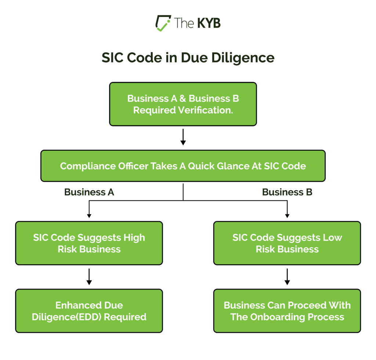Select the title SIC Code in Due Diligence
click(x=188, y=58)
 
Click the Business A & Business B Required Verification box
click(x=183, y=104)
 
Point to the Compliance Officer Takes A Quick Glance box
click(x=183, y=166)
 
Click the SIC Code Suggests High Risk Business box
click(x=89, y=243)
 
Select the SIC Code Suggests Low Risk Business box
click(x=287, y=243)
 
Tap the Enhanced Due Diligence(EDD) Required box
click(x=89, y=311)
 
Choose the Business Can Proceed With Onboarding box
click(x=287, y=311)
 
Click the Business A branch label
click(x=89, y=192)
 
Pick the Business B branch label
click(x=287, y=192)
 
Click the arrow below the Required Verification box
click(x=183, y=137)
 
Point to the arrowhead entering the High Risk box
click(x=89, y=215)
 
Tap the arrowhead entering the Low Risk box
click(x=287, y=215)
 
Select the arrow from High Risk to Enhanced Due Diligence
click(x=89, y=277)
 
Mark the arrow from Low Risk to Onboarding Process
click(x=287, y=277)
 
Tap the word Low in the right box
click(x=333, y=237)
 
